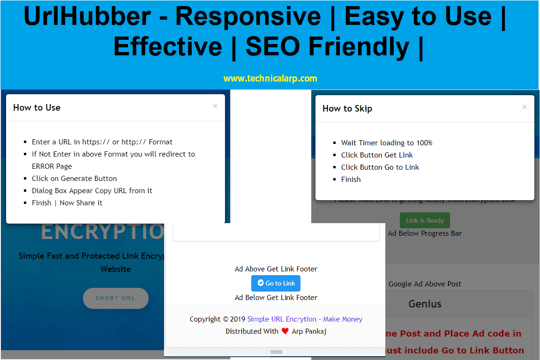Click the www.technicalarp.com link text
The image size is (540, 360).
[x=270, y=78]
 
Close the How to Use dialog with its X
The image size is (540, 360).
[x=215, y=106]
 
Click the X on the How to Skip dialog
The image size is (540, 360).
[x=525, y=107]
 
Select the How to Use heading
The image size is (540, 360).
[x=37, y=107]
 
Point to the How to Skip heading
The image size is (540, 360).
[x=347, y=108]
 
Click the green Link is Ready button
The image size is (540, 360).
[x=425, y=220]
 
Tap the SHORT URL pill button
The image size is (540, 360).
[x=115, y=298]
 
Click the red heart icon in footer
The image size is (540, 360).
[x=285, y=331]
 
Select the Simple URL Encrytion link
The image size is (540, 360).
[x=282, y=319]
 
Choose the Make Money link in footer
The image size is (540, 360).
[x=343, y=319]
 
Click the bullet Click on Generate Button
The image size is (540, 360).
[x=74, y=178]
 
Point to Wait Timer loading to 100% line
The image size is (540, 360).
[x=386, y=142]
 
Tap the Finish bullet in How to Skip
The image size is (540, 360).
[x=351, y=179]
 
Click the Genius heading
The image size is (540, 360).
[x=425, y=304]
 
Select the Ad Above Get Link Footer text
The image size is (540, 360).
[x=276, y=269]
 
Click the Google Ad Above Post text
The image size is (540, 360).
[x=425, y=284]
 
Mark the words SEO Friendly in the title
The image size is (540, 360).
[x=327, y=47]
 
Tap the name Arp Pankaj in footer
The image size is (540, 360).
[x=309, y=331]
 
